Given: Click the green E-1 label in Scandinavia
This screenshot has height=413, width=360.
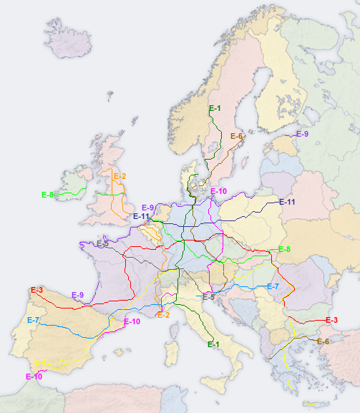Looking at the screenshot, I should coord(215,108).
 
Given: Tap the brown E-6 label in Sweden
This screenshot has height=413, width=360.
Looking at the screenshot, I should coord(237,136).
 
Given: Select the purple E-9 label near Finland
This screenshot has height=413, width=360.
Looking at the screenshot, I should coord(302,134).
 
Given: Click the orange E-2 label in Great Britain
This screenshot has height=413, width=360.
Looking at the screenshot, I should coord(120,176).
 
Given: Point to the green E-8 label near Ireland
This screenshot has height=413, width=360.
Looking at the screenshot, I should coord(48,195).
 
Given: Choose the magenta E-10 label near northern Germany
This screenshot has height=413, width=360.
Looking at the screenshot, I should coord(218,191).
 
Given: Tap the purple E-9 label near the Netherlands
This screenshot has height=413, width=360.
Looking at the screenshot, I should coord(148,208).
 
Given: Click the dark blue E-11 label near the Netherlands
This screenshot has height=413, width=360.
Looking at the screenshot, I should coord(142,216).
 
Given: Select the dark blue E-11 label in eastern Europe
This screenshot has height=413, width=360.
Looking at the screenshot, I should coord(287,203).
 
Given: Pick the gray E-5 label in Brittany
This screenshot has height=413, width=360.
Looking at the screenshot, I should coord(102,243).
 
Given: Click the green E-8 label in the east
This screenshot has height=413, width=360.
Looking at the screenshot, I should coord(284,249).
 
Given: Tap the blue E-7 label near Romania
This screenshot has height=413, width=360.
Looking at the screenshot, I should coord(273,286).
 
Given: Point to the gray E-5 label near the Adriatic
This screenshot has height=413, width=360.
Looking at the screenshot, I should coord(208,296).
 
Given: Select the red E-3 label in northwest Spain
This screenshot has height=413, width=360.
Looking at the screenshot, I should coord(37,290).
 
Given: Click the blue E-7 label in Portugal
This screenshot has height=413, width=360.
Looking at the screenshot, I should coord(34,320).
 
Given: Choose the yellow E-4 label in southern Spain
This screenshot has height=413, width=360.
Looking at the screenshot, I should coord(42,362).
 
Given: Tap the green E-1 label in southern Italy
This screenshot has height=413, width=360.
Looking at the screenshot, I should coord(213,344).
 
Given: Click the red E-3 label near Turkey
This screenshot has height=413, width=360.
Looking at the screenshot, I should coord(331,320).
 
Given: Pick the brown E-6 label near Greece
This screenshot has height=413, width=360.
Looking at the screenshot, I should coord(323,341).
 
